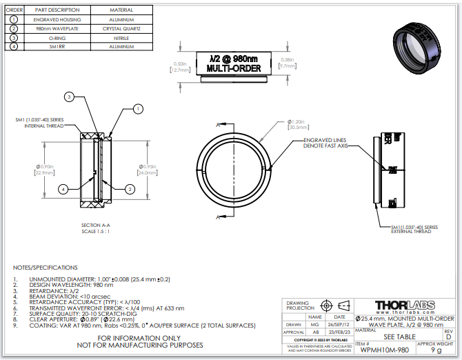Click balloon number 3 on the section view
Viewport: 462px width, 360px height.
(x=69, y=96)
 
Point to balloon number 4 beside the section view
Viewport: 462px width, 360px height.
(x=63, y=188)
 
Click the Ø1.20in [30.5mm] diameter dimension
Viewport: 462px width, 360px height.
(x=299, y=125)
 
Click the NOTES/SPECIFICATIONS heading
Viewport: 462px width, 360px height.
(x=46, y=267)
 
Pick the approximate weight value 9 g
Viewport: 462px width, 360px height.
(x=436, y=350)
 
